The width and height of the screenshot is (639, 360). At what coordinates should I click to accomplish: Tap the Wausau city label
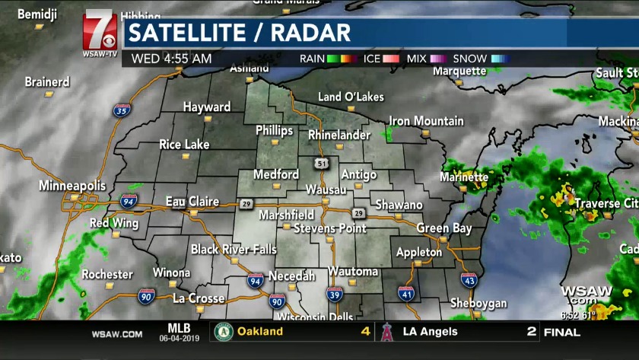pos(326,189)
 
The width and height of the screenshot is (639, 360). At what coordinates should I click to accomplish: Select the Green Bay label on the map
pos(444,228)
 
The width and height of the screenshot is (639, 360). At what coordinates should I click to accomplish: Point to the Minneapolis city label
pos(72,185)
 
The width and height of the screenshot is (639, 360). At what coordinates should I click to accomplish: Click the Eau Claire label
pos(192,202)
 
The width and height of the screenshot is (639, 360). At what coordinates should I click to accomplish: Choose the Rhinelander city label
pos(339,135)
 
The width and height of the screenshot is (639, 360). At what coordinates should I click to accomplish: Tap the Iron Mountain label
pos(426,121)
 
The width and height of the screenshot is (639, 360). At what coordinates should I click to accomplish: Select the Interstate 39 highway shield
pos(334,295)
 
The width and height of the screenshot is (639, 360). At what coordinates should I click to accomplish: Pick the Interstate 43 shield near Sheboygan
pos(469,282)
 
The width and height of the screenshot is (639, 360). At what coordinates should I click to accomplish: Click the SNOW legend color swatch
pos(500,59)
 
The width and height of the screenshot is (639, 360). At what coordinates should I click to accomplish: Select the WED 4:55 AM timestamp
pos(171,59)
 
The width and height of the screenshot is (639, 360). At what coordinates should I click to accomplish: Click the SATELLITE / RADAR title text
pos(239,33)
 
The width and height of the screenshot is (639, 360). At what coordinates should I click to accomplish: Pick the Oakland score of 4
pos(365,332)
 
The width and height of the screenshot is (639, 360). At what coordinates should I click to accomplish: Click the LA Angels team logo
pos(387,332)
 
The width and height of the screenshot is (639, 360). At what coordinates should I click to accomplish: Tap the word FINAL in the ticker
pos(561,333)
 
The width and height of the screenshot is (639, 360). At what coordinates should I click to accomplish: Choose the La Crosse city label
pos(199,298)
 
